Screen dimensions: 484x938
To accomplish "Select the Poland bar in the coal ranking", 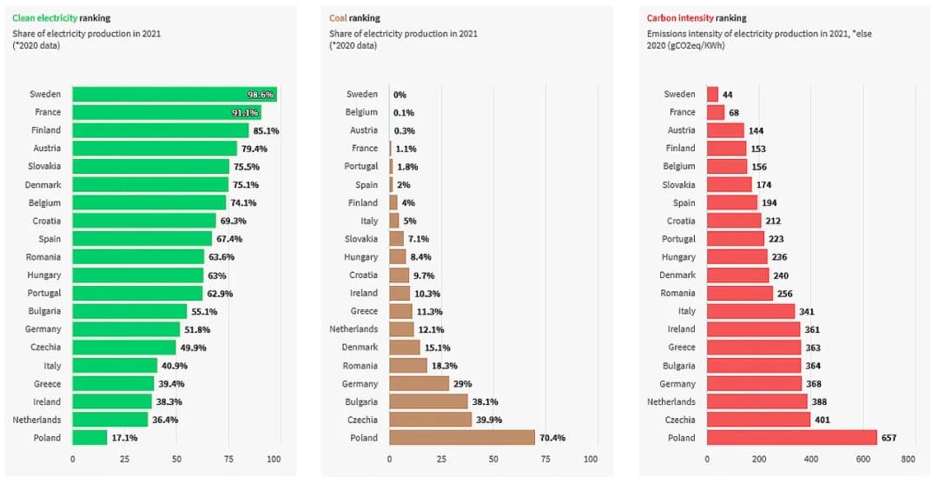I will click(461, 438).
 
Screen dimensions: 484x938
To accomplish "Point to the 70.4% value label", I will click(552, 438).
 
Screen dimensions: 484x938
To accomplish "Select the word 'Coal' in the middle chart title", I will click(339, 18).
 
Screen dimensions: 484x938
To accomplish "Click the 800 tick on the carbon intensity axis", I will click(908, 459).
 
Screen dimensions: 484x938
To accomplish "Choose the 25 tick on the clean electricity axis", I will click(123, 459).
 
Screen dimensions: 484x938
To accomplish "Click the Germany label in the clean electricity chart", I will click(43, 329).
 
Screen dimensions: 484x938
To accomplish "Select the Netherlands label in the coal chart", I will click(353, 329).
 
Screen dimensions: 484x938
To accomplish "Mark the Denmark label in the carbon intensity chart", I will click(677, 275).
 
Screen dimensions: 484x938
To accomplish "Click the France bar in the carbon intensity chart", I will click(716, 112).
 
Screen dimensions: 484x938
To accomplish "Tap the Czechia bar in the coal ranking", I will click(430, 420).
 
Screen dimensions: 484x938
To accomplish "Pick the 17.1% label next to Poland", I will click(124, 438).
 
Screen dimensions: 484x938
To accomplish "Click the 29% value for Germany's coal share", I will click(463, 384).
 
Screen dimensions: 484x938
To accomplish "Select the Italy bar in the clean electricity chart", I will click(115, 366).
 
